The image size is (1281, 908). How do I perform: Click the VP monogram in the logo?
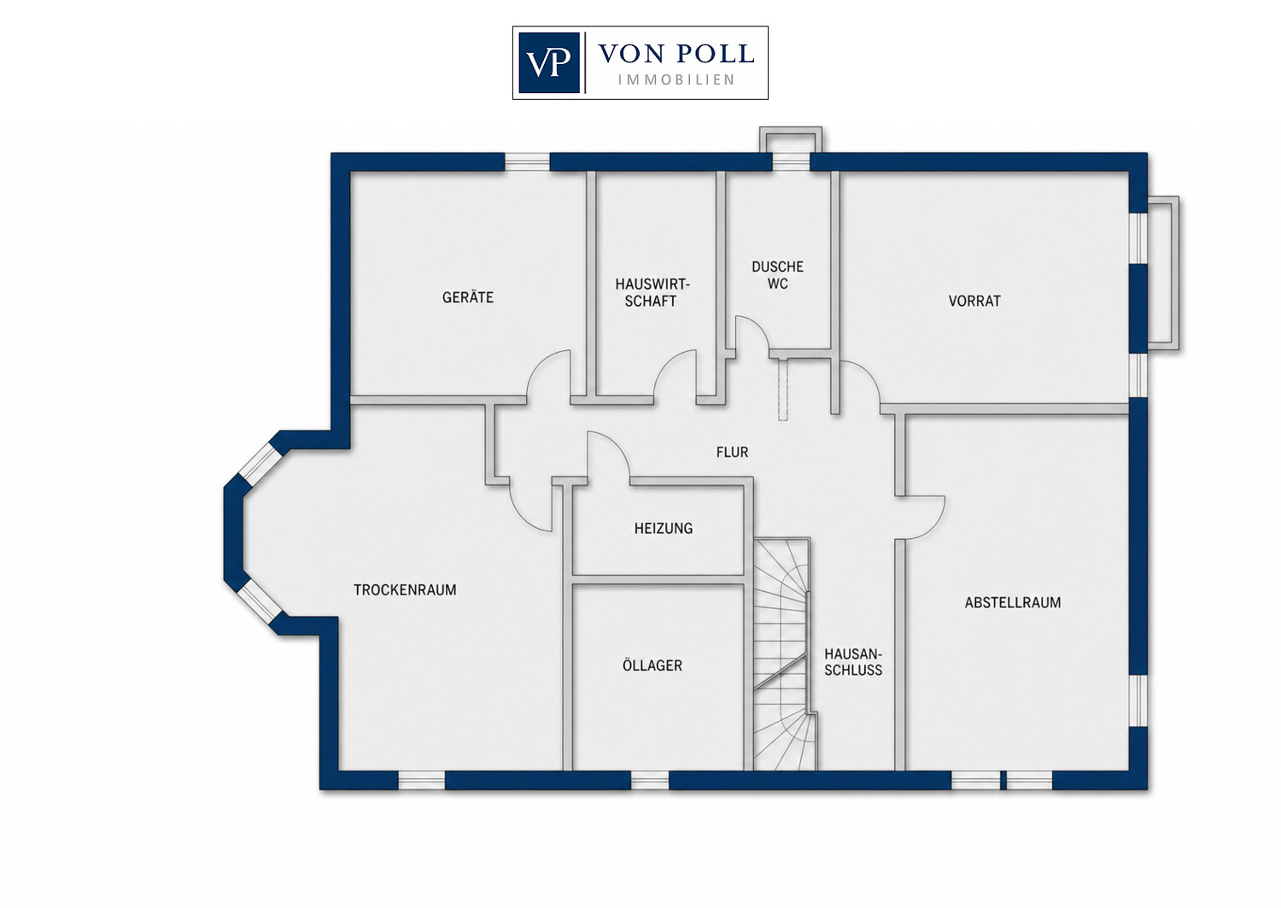click(x=548, y=63)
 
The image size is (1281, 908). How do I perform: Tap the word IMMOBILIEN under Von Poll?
click(x=676, y=80)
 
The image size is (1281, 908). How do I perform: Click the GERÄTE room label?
click(x=468, y=297)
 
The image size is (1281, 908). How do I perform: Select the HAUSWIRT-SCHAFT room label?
click(x=652, y=292)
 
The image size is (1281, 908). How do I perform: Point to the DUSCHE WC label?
click(x=778, y=275)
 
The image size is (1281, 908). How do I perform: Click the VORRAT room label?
click(x=974, y=301)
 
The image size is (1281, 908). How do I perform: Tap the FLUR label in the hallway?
click(x=732, y=452)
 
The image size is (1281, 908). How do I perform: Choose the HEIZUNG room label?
click(x=664, y=528)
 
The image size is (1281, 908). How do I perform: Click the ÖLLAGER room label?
click(x=652, y=665)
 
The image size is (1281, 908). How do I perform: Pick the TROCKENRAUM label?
click(x=405, y=590)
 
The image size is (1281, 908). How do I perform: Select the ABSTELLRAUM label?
click(x=1013, y=602)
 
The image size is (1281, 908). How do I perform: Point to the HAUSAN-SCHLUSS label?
click(x=853, y=662)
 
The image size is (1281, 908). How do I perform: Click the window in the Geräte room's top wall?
click(x=527, y=162)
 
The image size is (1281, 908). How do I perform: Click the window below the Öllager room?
click(x=650, y=781)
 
